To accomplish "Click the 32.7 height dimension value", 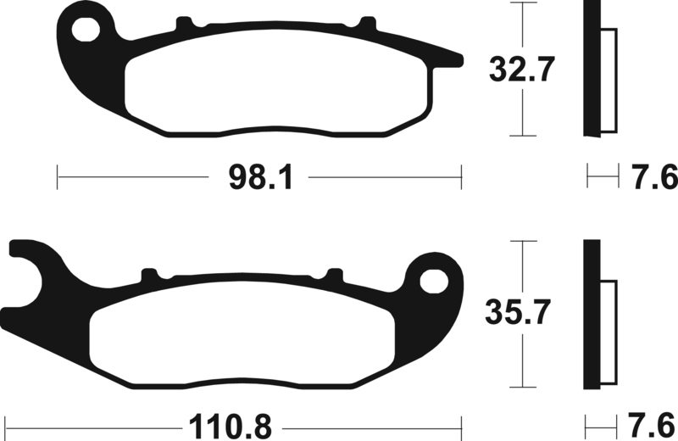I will (522, 69).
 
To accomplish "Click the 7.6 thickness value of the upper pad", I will (653, 178).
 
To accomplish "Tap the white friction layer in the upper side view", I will (609, 81).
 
